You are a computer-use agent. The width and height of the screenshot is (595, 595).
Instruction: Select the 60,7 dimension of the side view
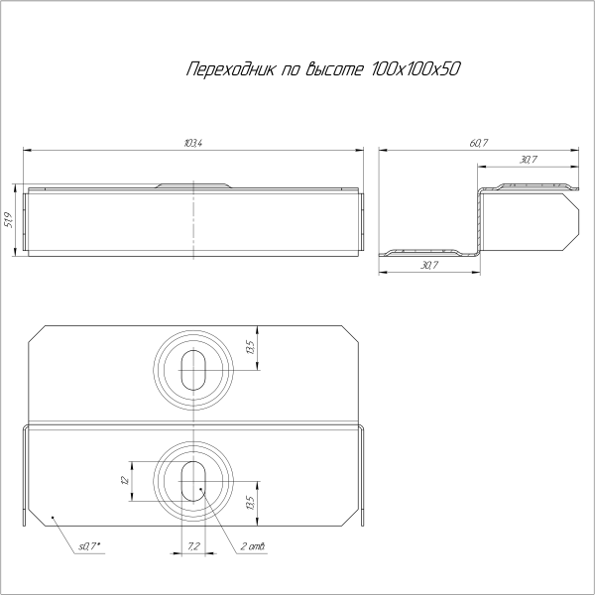click(480, 144)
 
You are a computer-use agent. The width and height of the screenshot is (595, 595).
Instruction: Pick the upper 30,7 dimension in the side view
click(528, 159)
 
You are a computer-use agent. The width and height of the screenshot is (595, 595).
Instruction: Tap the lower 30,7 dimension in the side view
click(428, 266)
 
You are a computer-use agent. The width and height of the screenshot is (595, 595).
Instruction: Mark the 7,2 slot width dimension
click(193, 546)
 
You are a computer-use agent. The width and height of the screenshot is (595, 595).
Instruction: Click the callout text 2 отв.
click(252, 546)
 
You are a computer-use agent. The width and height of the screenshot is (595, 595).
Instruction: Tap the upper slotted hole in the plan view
click(191, 368)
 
